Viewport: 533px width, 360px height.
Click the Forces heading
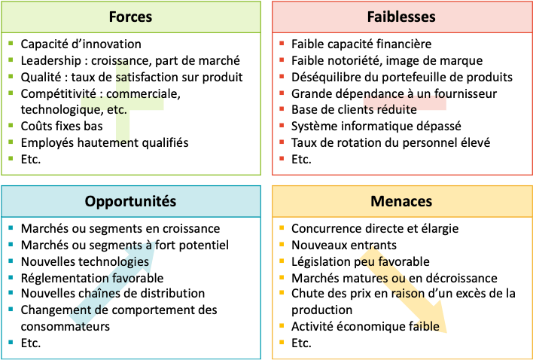pos(130,17)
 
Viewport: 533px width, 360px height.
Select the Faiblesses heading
pos(401,17)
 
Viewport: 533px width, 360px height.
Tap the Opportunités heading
pos(130,201)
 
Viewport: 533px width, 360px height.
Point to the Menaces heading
pos(401,201)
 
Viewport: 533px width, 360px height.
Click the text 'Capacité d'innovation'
pos(81,44)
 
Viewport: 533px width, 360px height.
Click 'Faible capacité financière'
pos(361,44)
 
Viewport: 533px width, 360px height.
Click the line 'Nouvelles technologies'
pos(84,261)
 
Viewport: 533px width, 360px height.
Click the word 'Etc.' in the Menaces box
pos(301,343)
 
